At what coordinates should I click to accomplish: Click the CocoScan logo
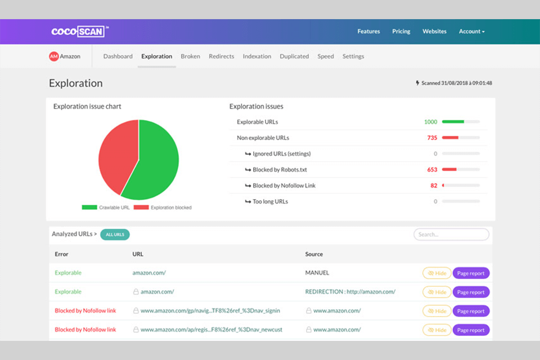pos(78,31)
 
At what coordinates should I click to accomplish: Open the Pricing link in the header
pos(401,31)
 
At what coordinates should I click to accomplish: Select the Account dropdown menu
pos(471,31)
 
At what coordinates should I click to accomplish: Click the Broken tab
pos(190,56)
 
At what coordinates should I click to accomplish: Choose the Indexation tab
pos(256,56)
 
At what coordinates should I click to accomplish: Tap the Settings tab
pos(353,56)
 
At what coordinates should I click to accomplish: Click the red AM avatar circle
pos(54,56)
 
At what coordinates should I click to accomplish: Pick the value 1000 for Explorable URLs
pos(430,121)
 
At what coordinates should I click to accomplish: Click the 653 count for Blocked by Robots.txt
pos(432,169)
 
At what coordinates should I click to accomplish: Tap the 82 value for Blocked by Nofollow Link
pos(434,185)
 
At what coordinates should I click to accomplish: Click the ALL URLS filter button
pos(115,235)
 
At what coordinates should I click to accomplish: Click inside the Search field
pos(451,235)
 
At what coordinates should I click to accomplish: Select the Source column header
pos(314,254)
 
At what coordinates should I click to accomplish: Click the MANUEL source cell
pos(317,273)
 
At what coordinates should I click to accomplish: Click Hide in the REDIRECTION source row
pos(436,292)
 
